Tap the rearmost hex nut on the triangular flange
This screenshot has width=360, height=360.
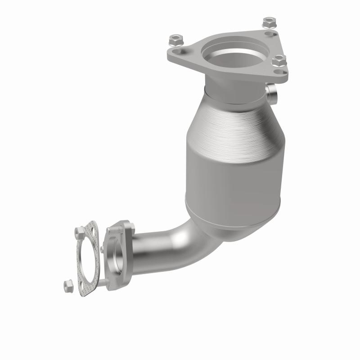pyautogui.click(x=269, y=21)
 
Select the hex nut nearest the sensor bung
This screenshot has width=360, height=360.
pyautogui.click(x=279, y=60)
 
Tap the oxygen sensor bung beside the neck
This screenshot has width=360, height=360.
pyautogui.click(x=272, y=94)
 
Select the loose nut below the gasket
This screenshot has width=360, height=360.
pyautogui.click(x=69, y=284)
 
